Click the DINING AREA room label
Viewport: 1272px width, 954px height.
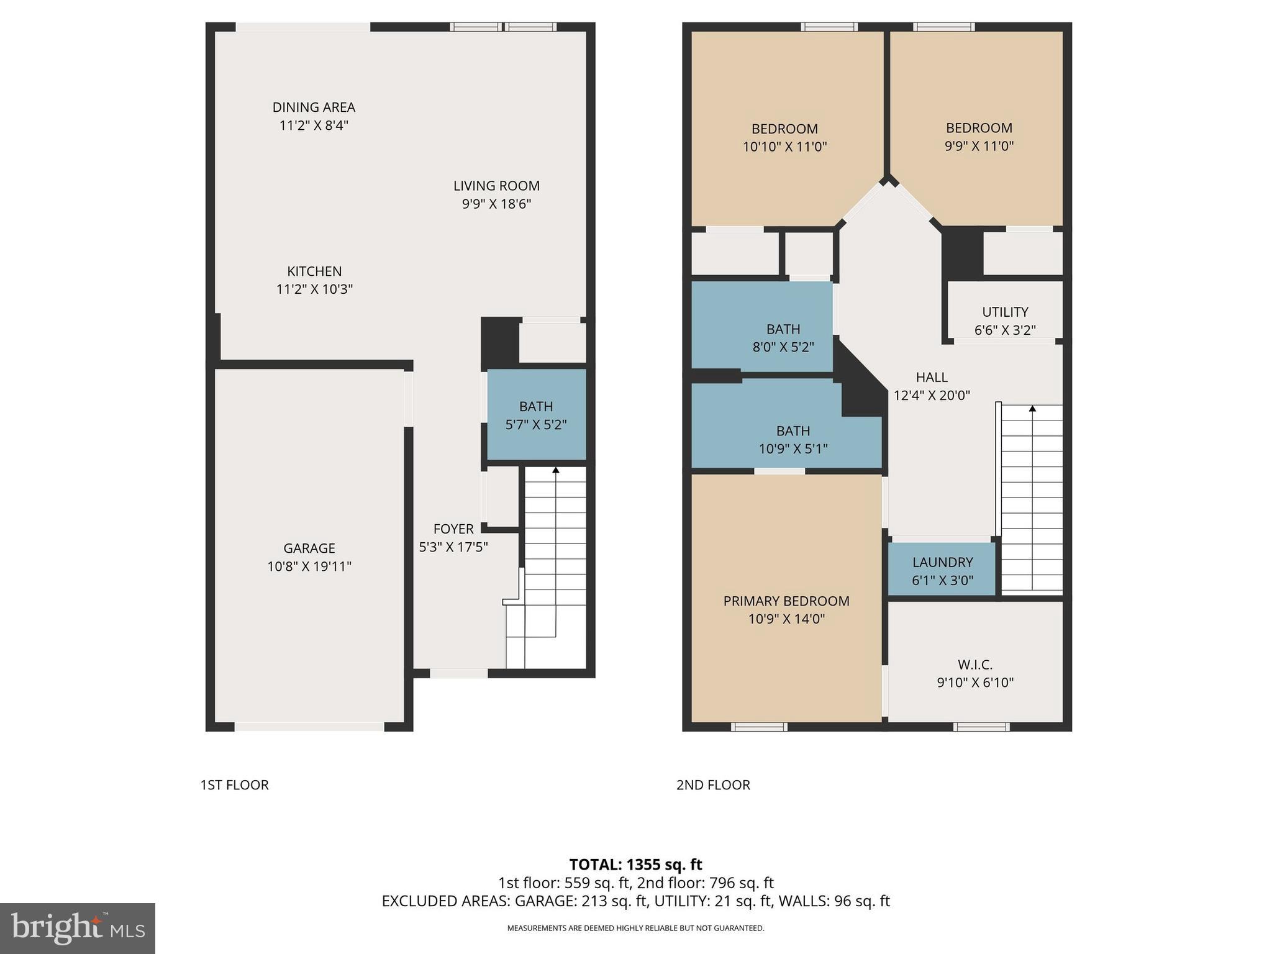[314, 107]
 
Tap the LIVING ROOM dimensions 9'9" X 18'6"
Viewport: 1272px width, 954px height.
[496, 204]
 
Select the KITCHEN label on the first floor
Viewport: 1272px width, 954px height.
[314, 271]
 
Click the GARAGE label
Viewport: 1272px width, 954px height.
[309, 548]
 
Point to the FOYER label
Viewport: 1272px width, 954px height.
[453, 529]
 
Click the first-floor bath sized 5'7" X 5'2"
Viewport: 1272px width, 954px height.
[536, 415]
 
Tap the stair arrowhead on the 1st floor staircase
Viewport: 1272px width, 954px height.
[556, 470]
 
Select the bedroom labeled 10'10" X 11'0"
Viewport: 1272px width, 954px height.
[784, 137]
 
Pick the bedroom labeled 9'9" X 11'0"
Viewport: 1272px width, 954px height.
[979, 137]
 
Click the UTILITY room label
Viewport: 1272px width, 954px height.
[1005, 312]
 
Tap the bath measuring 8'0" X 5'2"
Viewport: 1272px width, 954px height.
[783, 337]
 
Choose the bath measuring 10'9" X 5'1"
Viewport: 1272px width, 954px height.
[793, 439]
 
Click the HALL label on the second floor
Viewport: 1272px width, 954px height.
[932, 377]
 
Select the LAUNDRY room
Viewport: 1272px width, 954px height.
[942, 570]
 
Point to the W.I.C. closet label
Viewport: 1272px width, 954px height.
[975, 665]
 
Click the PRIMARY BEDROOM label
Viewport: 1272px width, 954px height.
[786, 601]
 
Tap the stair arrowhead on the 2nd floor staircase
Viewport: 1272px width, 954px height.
[1032, 409]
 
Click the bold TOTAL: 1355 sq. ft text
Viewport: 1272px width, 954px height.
[635, 865]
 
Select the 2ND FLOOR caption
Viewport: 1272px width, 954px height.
[713, 785]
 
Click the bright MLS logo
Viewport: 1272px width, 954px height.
[78, 928]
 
